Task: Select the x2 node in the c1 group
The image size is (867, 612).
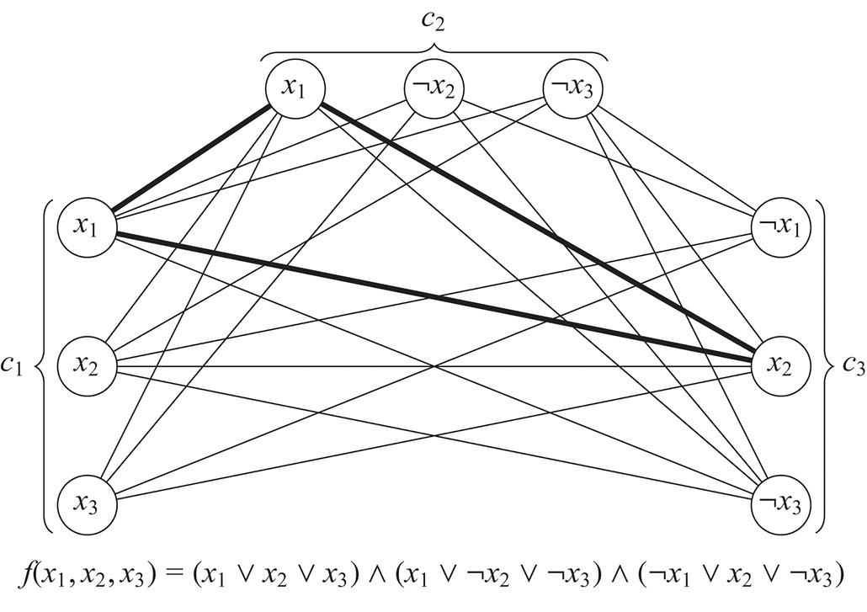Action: click(x=88, y=366)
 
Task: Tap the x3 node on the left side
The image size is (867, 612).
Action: click(x=88, y=506)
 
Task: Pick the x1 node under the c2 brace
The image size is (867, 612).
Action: click(x=294, y=88)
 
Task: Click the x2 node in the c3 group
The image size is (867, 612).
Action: click(x=779, y=366)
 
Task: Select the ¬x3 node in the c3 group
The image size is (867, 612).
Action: click(x=779, y=506)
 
